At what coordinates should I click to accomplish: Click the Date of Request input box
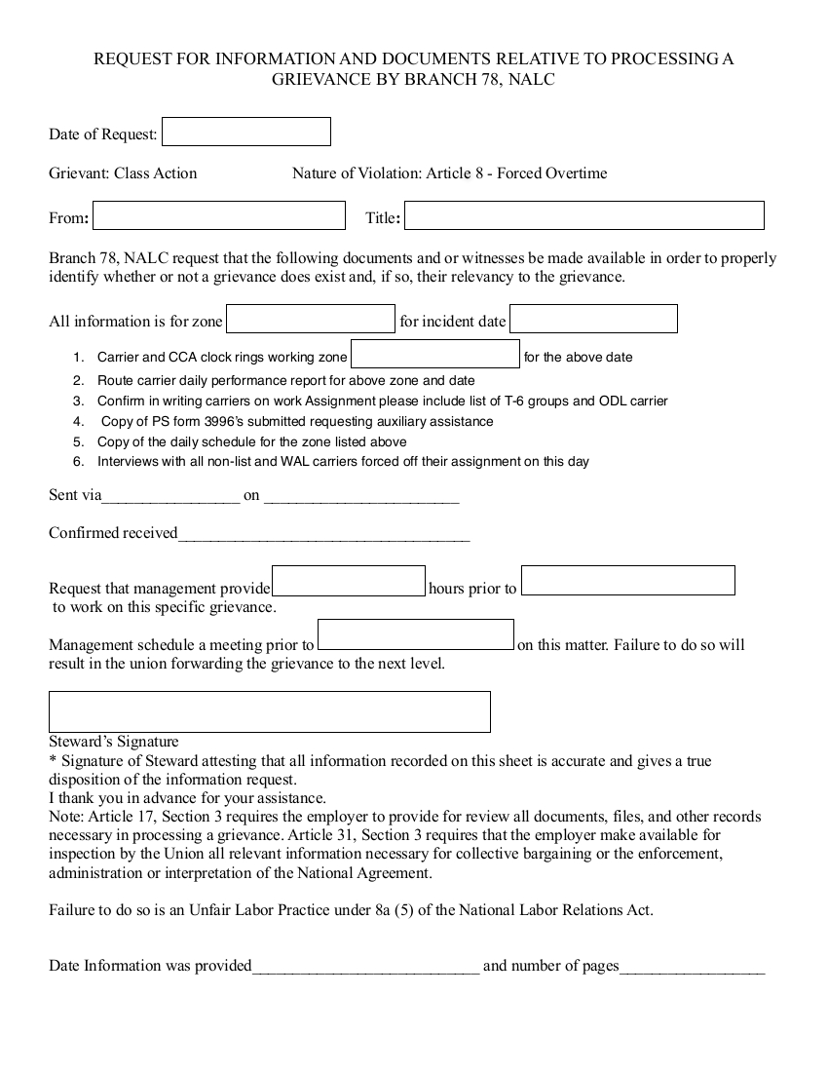point(245,132)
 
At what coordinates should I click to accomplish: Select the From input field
point(218,215)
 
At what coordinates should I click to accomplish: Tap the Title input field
point(583,215)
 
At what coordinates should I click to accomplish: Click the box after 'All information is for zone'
point(311,319)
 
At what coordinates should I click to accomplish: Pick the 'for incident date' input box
point(593,319)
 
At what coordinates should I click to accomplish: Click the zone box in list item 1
point(434,355)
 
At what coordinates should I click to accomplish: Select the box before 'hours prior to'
point(348,581)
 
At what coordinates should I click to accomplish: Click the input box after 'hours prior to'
point(627,581)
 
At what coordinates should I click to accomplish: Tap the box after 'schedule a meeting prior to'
point(416,635)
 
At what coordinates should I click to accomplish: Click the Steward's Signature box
point(269,711)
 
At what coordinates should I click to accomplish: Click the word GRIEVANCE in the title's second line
point(320,80)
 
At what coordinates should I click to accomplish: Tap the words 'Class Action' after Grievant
point(155,173)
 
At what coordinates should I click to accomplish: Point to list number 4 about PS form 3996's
point(79,422)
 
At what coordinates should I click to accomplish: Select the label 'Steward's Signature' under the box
point(114,742)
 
